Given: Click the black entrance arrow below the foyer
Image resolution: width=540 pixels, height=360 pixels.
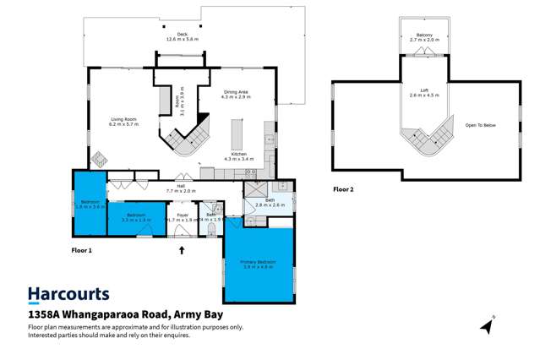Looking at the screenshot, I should (x=181, y=249).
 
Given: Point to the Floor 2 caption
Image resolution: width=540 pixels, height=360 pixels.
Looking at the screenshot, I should (x=343, y=189).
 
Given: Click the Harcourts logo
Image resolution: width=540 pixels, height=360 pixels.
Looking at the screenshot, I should (x=68, y=294).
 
